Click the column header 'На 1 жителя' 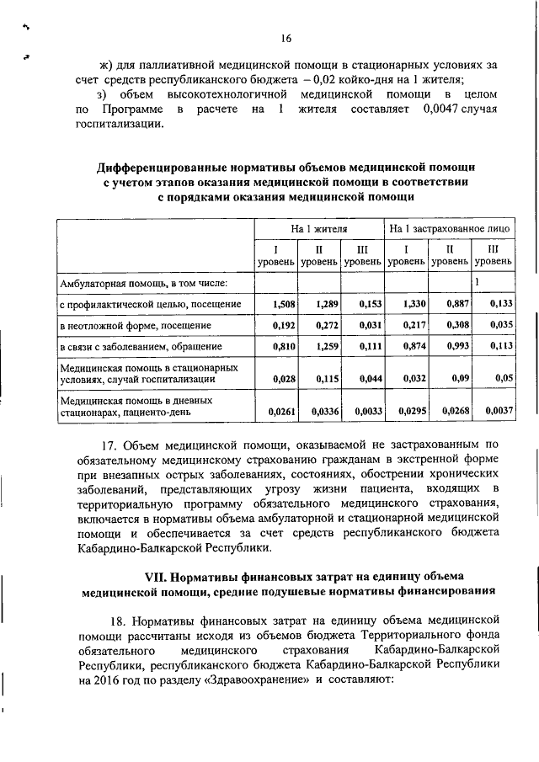click(319, 228)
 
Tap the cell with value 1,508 click(283, 303)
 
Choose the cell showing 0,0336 click(324, 412)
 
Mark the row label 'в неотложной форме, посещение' click(135, 325)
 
